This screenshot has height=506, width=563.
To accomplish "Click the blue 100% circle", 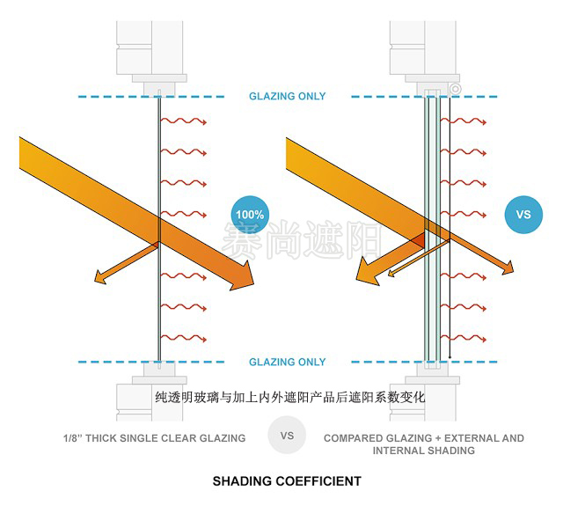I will click(x=249, y=213).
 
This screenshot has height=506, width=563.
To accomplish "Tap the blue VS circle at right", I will click(x=523, y=214).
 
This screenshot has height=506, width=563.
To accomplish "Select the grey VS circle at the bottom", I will click(x=286, y=436).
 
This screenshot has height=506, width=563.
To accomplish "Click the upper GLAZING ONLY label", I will click(x=287, y=96).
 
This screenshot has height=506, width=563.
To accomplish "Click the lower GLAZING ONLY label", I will click(x=287, y=362).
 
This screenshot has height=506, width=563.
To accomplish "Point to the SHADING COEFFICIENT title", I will click(x=287, y=481).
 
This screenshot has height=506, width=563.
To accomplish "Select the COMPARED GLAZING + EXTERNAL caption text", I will click(x=423, y=437).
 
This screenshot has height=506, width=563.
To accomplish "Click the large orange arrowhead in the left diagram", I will click(x=240, y=281).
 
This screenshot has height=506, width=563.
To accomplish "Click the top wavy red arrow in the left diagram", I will click(x=183, y=121).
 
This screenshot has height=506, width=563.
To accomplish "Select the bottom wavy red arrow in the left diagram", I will click(x=183, y=338).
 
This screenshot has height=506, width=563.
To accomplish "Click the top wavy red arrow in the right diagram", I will click(x=472, y=121).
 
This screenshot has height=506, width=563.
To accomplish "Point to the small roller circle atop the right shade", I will click(x=455, y=88).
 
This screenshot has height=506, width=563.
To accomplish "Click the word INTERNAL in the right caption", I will click(x=401, y=451).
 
